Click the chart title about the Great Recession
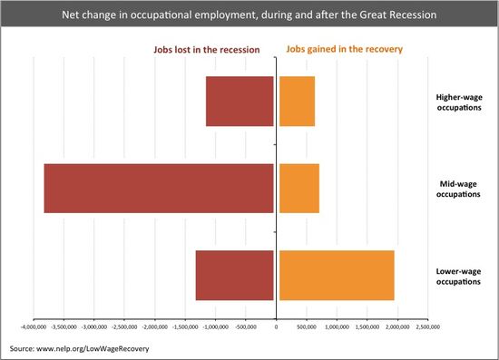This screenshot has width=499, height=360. [249, 15]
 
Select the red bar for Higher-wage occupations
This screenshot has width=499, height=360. [240, 101]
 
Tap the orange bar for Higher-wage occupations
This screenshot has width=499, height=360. [297, 101]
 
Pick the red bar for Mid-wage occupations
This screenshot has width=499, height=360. [159, 188]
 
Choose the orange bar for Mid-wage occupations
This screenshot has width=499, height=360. [298, 188]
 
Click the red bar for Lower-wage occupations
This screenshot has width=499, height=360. [234, 275]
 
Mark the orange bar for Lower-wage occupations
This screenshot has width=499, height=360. [337, 275]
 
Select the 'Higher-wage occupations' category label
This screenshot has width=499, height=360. [459, 102]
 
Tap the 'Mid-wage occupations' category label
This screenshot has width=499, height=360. [459, 189]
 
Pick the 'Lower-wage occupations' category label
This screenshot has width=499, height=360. [459, 276]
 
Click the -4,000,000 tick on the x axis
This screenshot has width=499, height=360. [34, 324]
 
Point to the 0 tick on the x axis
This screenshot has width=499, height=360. [276, 324]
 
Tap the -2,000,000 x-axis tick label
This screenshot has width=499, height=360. [155, 324]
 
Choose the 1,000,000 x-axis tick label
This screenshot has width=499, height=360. [336, 324]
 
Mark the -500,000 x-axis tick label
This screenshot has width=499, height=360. [246, 324]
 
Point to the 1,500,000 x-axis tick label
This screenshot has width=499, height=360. [366, 324]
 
